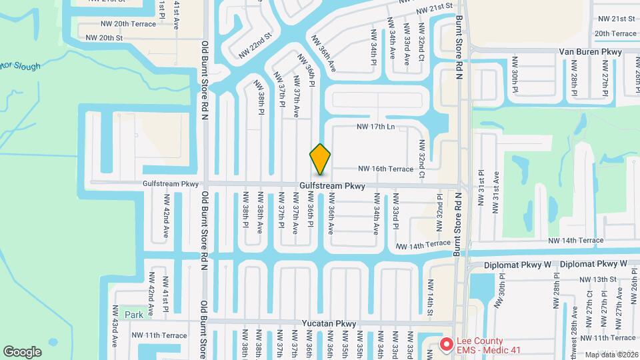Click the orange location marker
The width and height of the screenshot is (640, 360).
pos(321,159)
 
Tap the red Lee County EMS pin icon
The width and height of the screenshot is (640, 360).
pos(447,345)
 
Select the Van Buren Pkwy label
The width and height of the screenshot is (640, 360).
pos(590,51)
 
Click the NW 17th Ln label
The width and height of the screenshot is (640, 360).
pos(376,126)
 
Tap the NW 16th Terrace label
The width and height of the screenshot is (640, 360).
pos(386,169)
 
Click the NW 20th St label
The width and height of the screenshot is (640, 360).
pos(105,38)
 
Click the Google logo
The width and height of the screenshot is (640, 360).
pos(22,351)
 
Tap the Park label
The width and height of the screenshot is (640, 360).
pos(133,314)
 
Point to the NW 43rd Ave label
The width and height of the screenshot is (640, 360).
pos(115,333)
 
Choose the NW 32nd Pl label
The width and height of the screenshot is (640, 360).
pos(439,214)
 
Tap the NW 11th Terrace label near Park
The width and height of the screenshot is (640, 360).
pos(159,335)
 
